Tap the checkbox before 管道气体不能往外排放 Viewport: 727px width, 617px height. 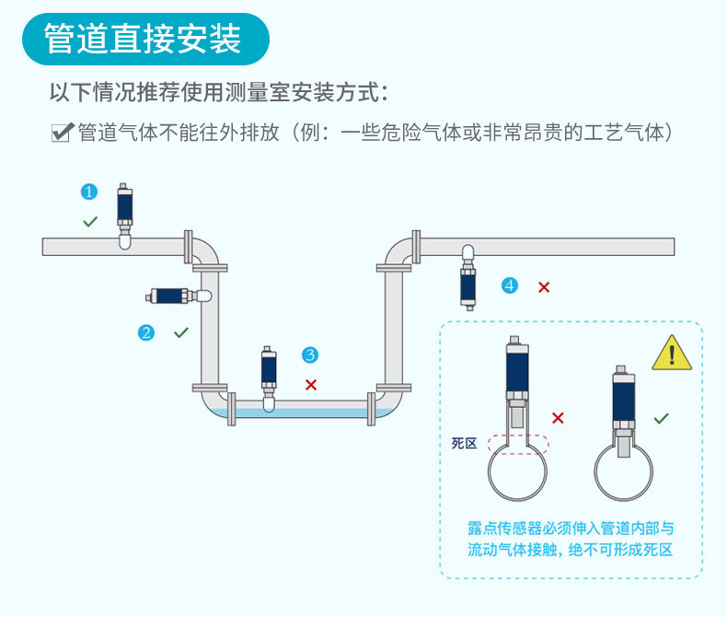[x=62, y=133]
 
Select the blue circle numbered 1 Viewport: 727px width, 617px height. [x=89, y=192]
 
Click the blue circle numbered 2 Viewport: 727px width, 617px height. [x=145, y=332]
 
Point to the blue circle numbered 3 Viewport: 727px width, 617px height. [x=310, y=355]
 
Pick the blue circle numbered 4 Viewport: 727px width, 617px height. [x=510, y=285]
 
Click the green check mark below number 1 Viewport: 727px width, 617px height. [x=89, y=221]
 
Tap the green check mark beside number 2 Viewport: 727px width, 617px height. [x=181, y=332]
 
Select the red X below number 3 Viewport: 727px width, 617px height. [x=310, y=384]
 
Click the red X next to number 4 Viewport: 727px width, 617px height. [x=544, y=286]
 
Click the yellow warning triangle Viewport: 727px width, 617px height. [x=671, y=354]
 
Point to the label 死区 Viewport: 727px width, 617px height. [x=464, y=444]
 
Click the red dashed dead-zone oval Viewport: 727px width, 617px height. [x=518, y=444]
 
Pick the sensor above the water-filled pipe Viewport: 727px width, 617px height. [x=269, y=374]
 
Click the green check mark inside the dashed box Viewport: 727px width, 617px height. [x=661, y=418]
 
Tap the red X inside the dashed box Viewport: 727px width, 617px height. [x=558, y=418]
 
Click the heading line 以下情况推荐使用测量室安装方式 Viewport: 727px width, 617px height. [x=219, y=93]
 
